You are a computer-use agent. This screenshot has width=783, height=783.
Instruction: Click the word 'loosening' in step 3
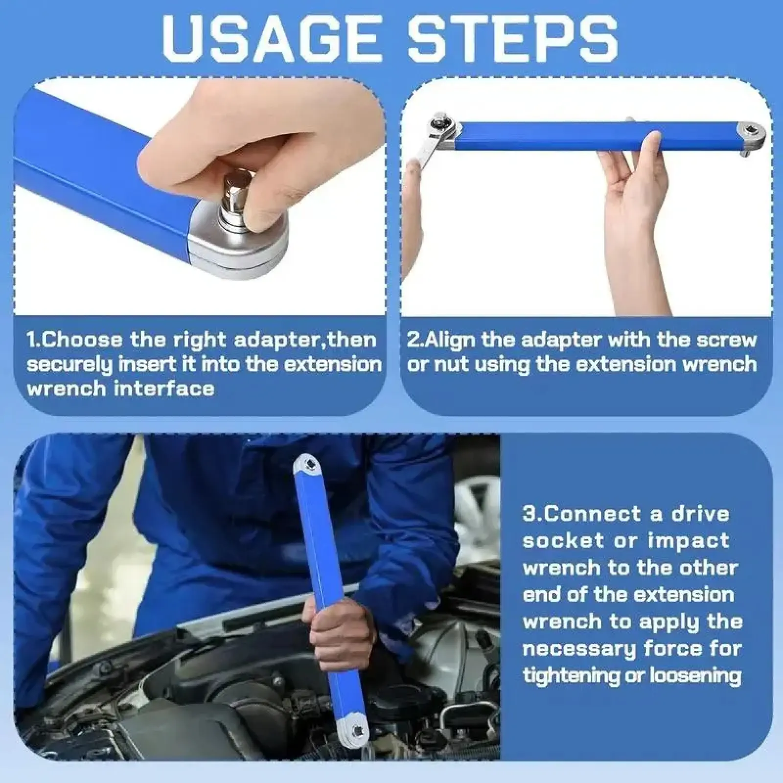point(695,676)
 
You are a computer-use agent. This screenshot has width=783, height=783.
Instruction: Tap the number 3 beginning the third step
point(529,514)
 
